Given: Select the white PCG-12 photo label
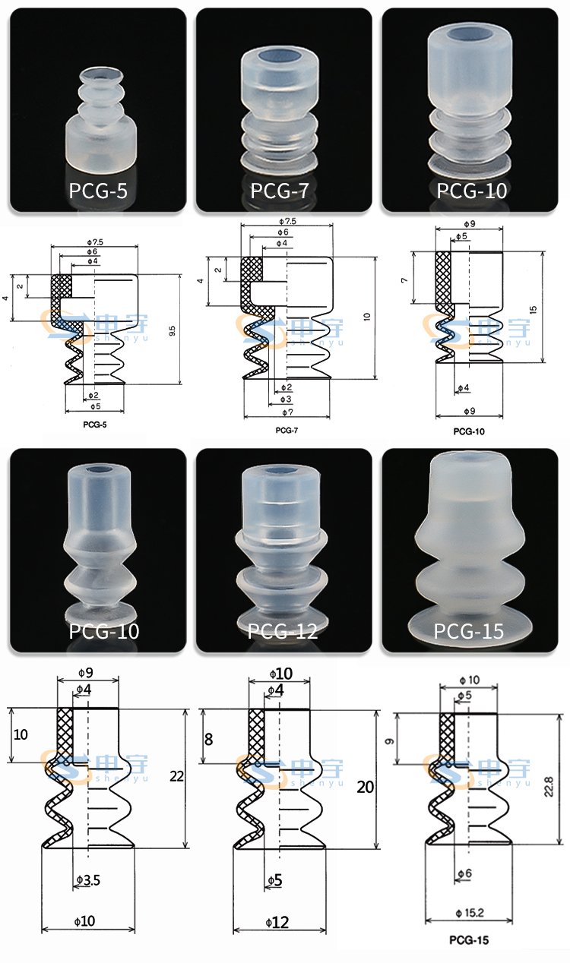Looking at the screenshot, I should point(283,630).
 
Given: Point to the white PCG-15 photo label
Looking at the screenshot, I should point(469,630).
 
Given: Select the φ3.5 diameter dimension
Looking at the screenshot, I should point(88,880).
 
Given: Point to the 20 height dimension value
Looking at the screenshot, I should point(365,788).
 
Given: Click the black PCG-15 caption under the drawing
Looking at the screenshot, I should point(468,940).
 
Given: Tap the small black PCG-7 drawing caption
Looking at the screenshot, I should point(287,430).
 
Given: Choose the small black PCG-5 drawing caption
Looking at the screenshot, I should point(94,425).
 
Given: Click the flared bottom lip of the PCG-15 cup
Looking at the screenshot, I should point(469,624).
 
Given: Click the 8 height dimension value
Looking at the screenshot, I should point(209,738).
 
